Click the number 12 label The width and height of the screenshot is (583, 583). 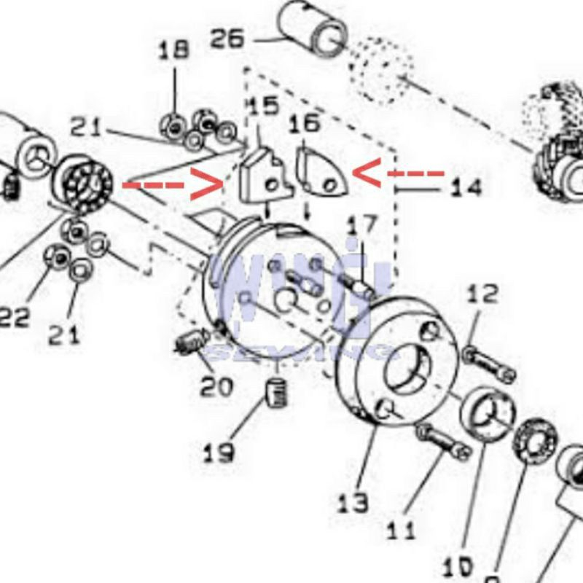coord(482,294)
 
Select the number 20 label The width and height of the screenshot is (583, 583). coord(218,387)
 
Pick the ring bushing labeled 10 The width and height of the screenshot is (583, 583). coord(485,416)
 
